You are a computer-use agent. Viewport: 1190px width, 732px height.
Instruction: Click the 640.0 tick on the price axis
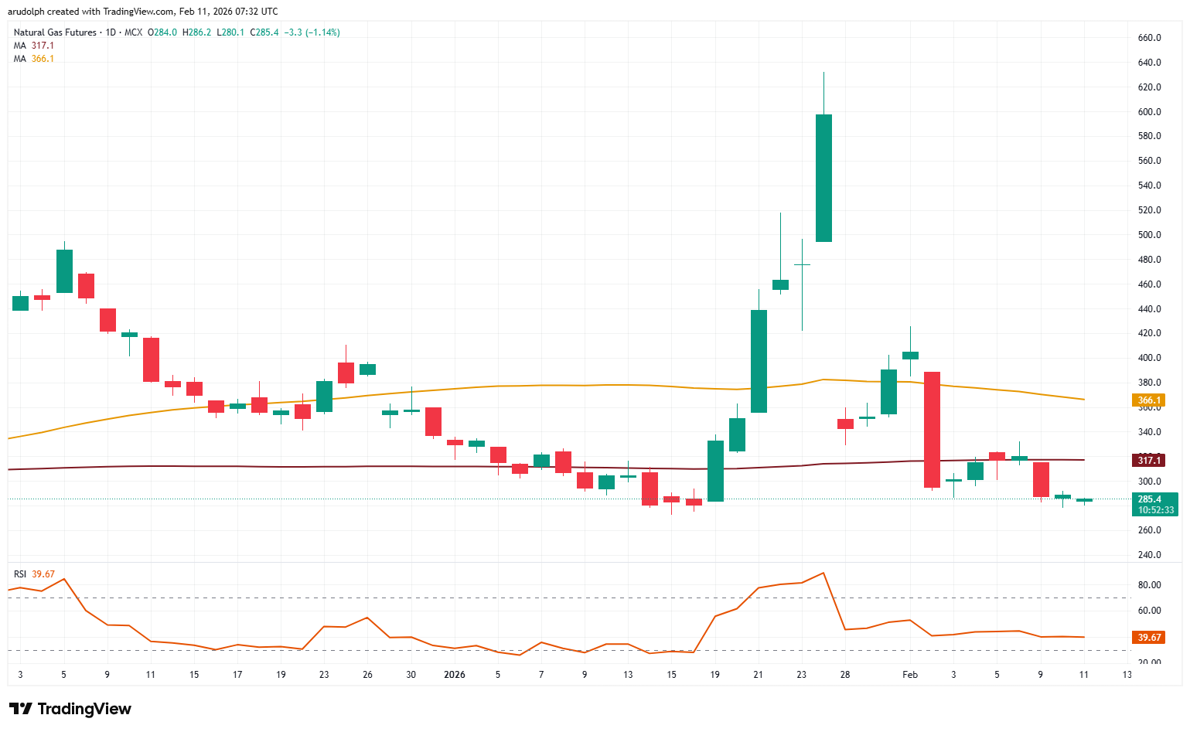[1149, 63]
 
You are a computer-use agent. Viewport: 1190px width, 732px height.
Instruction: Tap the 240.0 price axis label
[1149, 555]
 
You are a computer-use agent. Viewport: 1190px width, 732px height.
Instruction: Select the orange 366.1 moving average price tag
[1148, 400]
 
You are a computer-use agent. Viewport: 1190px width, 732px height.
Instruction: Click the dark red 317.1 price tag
[1148, 461]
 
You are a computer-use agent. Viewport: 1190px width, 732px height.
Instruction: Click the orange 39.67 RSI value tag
[1149, 638]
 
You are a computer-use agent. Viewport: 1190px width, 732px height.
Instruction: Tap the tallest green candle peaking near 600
[823, 178]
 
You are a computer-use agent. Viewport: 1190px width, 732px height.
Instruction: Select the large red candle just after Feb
[932, 430]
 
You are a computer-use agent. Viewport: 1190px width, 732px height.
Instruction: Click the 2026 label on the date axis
[455, 675]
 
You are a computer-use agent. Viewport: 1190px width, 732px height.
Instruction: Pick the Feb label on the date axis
[910, 675]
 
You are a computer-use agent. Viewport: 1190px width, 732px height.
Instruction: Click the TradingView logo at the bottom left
[70, 709]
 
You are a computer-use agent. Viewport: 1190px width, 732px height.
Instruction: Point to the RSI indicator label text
[20, 574]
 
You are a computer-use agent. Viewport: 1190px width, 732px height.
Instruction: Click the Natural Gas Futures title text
[55, 32]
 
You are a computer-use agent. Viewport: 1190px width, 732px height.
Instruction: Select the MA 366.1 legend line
[34, 59]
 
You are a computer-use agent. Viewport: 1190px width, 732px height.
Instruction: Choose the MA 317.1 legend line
[34, 46]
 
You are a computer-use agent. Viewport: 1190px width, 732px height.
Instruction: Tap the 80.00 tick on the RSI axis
[1149, 585]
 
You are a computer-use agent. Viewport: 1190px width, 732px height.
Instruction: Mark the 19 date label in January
[714, 675]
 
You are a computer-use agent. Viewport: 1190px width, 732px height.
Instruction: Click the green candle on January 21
[759, 361]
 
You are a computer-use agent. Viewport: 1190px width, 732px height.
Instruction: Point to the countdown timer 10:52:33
[1155, 510]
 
